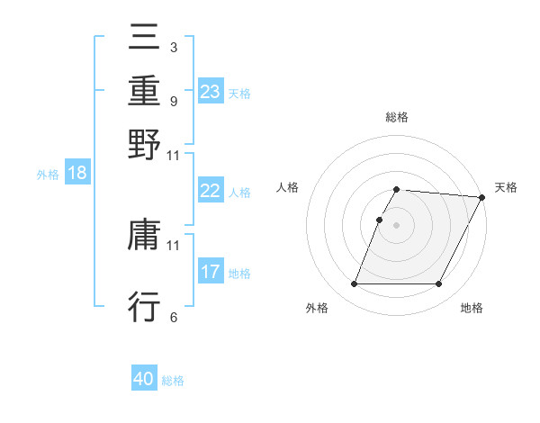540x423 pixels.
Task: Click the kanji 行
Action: (144, 306)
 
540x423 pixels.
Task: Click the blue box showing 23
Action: (211, 92)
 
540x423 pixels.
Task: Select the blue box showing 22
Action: (211, 191)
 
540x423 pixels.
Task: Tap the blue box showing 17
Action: (211, 272)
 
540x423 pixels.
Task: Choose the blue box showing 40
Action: (144, 379)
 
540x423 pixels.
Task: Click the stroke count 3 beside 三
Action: (173, 46)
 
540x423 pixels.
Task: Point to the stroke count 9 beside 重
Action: (173, 101)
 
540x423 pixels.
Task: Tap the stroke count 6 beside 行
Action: (173, 316)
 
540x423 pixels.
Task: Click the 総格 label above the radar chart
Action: (397, 117)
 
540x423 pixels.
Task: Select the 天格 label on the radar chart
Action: (506, 187)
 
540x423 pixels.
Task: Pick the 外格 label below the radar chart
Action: (317, 308)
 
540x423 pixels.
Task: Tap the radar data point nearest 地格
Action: (439, 284)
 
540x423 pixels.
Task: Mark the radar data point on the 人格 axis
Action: (379, 220)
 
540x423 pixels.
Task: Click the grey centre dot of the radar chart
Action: (397, 225)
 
